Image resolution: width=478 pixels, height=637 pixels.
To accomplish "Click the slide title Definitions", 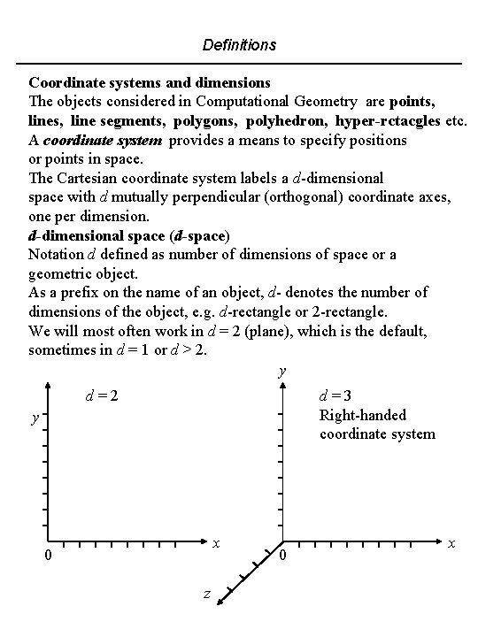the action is [x=239, y=43].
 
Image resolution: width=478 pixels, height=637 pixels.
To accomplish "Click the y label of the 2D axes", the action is [x=35, y=417].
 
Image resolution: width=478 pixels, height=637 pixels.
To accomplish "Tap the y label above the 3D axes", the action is [x=281, y=372].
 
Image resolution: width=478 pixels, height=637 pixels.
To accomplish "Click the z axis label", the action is [x=206, y=595].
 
